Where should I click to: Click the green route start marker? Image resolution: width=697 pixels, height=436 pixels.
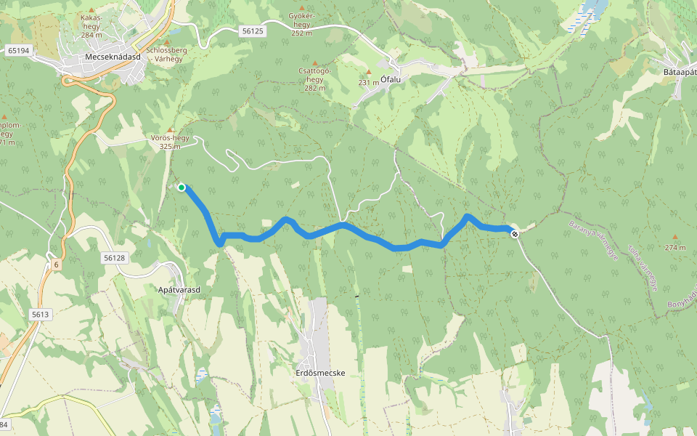click(182, 187)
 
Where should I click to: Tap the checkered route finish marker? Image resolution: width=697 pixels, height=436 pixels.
click(514, 233)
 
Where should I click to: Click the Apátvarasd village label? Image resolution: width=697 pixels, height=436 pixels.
click(179, 289)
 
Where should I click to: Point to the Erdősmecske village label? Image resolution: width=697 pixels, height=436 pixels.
click(319, 373)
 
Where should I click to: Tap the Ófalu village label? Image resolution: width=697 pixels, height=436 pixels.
click(391, 81)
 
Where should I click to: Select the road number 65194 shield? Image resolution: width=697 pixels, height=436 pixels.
click(19, 50)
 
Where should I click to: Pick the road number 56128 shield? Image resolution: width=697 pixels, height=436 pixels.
click(115, 258)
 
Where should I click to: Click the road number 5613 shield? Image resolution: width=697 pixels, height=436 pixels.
click(40, 314)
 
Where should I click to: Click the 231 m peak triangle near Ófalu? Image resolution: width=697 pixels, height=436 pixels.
click(369, 72)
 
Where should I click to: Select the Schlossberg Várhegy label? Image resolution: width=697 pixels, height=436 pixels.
click(167, 54)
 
